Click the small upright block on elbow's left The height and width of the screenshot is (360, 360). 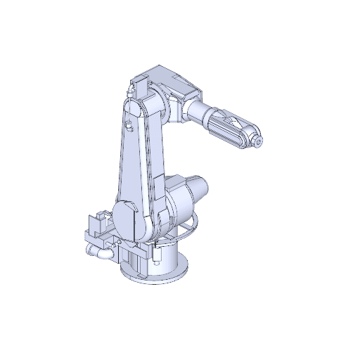point(137,86)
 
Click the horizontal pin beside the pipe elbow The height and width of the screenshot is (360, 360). point(91,250)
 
